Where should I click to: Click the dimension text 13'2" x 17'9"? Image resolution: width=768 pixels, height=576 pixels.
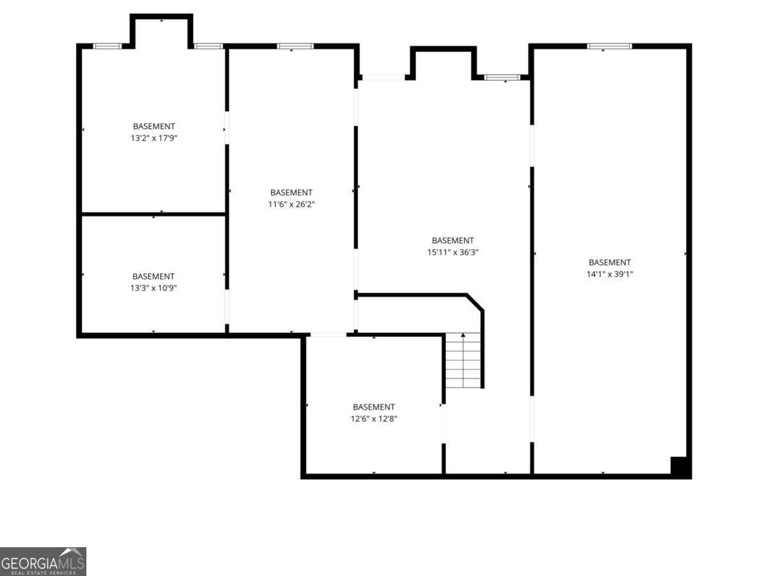tap(154, 138)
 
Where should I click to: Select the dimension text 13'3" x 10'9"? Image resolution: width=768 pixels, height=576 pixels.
tap(154, 288)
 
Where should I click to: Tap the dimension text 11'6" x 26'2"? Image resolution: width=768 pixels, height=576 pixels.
tap(291, 204)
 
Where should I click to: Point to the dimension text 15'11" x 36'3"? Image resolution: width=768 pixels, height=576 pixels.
tap(452, 252)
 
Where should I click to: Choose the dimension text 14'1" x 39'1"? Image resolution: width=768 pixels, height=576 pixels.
tap(609, 274)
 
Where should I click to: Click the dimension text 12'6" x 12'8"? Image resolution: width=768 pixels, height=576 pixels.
tap(374, 419)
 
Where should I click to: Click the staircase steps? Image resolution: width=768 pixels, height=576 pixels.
tap(463, 360)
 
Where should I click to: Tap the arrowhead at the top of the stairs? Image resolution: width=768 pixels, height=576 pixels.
tap(463, 335)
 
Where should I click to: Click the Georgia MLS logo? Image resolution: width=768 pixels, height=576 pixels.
tap(43, 561)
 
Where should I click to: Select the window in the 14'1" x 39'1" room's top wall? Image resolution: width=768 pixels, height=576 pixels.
tap(609, 46)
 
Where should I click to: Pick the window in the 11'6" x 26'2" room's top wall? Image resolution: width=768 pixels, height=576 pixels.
tap(295, 46)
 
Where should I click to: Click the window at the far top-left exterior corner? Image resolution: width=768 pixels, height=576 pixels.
tap(107, 46)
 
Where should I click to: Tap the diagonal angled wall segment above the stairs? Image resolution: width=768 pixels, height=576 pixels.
tap(475, 302)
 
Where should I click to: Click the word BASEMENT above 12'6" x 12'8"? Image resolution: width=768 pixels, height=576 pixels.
tap(374, 407)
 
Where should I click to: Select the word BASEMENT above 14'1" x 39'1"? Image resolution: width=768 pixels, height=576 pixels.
tap(609, 262)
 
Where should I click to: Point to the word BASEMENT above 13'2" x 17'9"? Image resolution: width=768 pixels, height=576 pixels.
tap(154, 126)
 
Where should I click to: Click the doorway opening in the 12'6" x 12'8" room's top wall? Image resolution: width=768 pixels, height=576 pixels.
tap(328, 335)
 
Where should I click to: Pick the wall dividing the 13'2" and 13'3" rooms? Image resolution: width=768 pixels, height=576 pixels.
tap(154, 214)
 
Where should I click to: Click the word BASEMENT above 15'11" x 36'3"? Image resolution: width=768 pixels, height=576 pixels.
tap(452, 241)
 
